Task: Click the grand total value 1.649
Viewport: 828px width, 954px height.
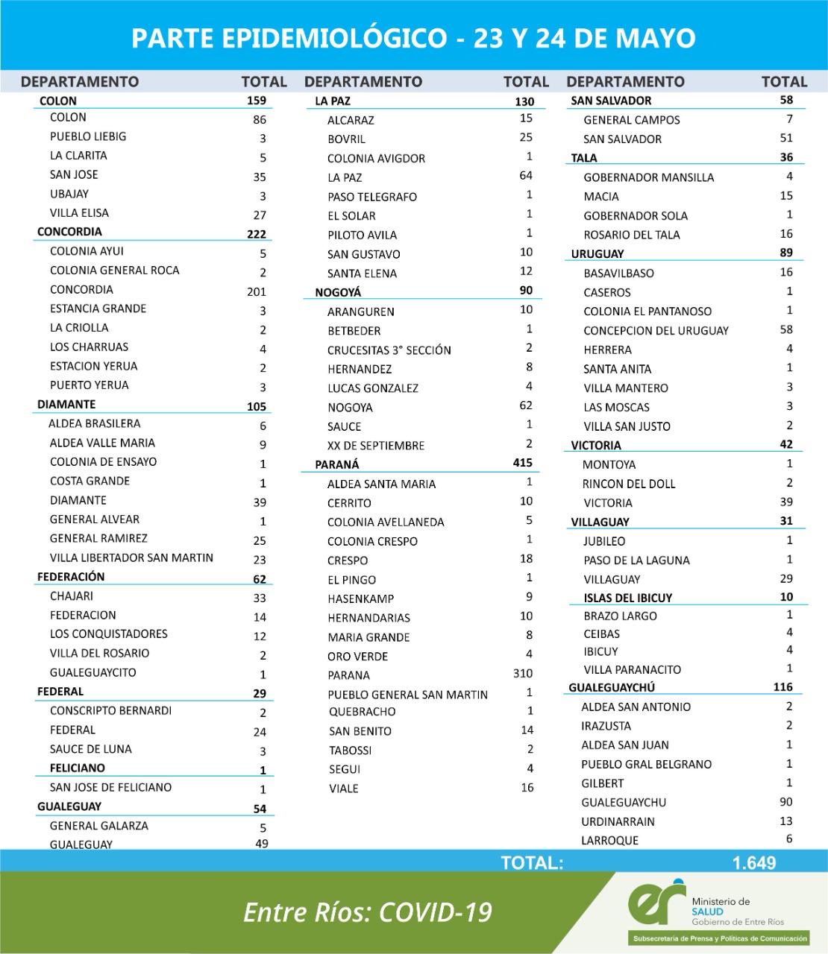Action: (x=754, y=863)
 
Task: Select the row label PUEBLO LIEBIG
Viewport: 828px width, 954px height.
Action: (x=88, y=136)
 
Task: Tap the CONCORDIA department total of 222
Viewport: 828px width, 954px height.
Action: (x=257, y=234)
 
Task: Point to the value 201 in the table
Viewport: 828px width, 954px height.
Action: (x=257, y=291)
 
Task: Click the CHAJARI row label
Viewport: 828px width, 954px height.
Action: (x=72, y=596)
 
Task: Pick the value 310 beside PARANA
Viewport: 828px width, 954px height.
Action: (x=523, y=674)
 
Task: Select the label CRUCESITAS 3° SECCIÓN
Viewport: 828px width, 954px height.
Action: (x=389, y=350)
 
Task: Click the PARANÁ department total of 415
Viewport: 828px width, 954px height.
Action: (x=522, y=463)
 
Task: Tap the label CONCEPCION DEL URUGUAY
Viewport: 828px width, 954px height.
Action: (x=656, y=331)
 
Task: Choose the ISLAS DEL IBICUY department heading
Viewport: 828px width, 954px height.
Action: (x=628, y=598)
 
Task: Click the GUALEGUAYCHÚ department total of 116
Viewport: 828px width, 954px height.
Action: (x=782, y=687)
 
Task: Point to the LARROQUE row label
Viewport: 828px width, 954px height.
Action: (x=609, y=841)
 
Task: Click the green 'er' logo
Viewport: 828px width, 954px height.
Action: (x=656, y=902)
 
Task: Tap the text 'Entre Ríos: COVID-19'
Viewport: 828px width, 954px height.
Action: (x=368, y=912)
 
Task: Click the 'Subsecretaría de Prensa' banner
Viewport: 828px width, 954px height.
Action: (x=720, y=938)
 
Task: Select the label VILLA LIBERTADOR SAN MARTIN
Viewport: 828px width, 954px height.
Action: (x=131, y=557)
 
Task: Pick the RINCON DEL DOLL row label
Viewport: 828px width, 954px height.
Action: (x=629, y=484)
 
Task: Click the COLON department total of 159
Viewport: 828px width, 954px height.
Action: (x=257, y=100)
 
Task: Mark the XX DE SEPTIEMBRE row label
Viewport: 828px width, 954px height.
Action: (x=376, y=446)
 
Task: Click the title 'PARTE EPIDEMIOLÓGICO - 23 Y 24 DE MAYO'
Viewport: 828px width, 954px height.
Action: (x=413, y=38)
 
